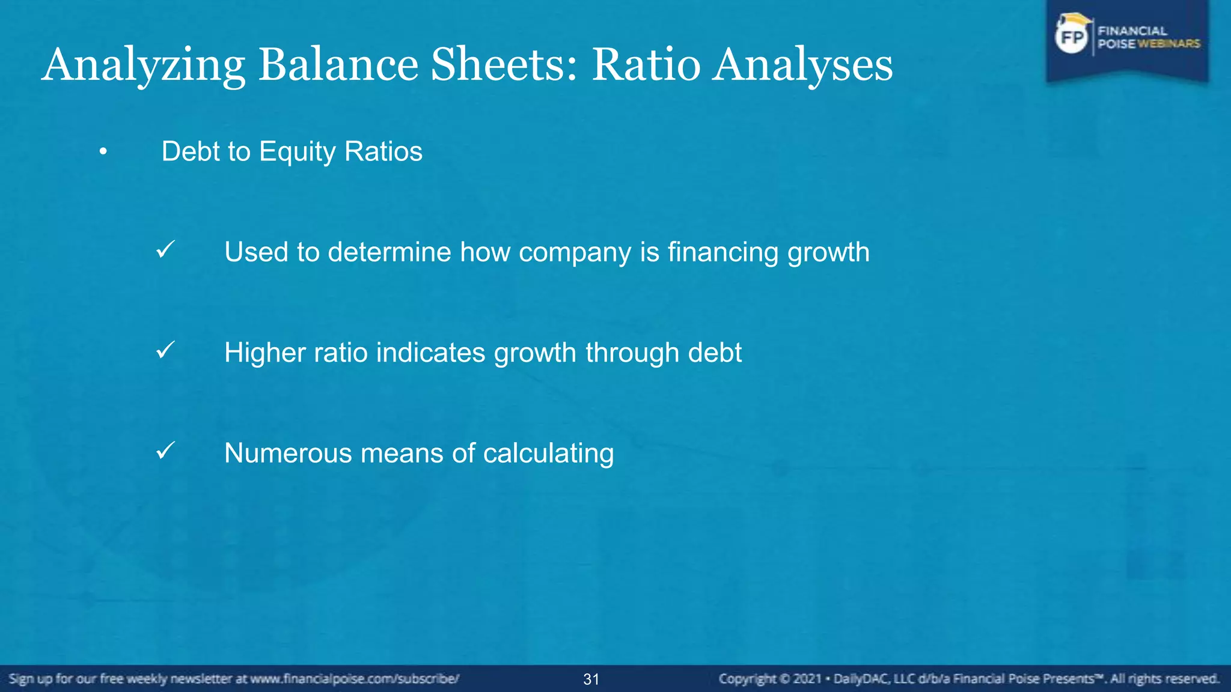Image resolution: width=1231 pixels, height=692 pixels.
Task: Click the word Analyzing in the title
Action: pos(143,65)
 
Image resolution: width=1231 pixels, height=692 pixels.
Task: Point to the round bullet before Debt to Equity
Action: pos(103,152)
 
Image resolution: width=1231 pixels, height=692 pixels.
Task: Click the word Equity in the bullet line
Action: pos(297,152)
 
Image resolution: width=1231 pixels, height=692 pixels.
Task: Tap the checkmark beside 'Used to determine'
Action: pos(165,249)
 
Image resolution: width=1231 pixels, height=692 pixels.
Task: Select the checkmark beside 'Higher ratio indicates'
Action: pos(165,350)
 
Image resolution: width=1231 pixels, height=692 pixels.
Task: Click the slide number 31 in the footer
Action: pos(591,679)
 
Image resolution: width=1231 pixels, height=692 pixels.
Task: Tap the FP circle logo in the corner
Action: pos(1072,38)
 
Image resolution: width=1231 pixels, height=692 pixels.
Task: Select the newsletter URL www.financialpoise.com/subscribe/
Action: pos(355,679)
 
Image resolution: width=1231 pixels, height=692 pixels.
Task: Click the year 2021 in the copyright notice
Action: pos(807,679)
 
